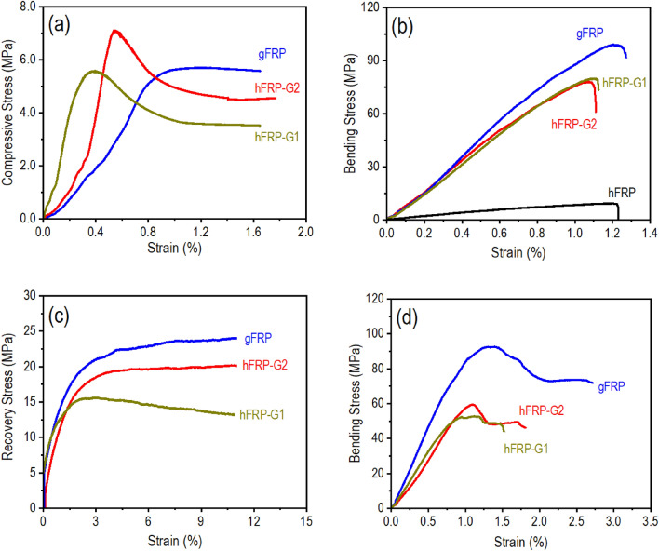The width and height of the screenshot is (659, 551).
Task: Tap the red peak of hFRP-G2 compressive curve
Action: tap(114, 31)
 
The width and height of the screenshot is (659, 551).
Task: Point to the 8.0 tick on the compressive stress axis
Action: tap(29, 7)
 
